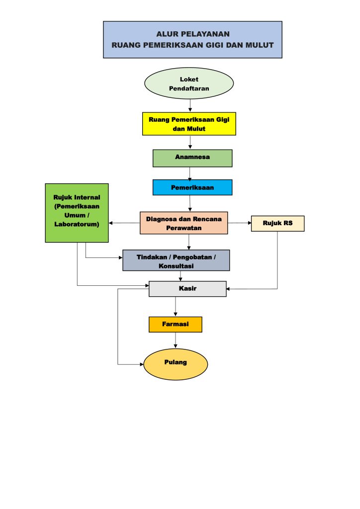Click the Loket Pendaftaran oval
188,84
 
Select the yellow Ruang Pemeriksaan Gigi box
188,124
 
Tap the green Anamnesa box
192,158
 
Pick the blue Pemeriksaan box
192,187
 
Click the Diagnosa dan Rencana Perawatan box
183,223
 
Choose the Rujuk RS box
277,223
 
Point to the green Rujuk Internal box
77,213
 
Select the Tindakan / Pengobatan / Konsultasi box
176,260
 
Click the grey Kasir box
187,288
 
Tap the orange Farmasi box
175,324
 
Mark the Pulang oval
176,364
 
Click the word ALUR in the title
166,34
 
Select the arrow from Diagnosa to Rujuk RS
240,223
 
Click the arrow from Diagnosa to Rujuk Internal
124,223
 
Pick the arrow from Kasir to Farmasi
175,307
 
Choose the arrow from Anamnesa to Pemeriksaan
190,173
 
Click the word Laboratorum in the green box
77,224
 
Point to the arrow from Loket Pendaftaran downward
190,105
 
